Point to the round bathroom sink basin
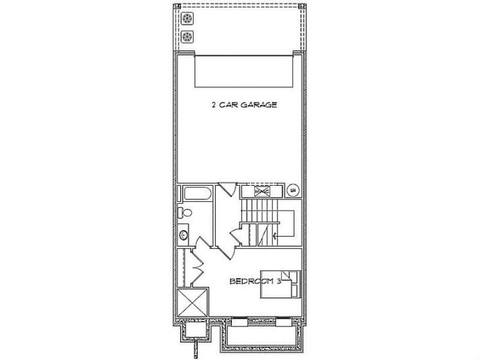click(x=184, y=235)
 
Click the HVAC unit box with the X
click(x=262, y=191)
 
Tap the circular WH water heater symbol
click(x=293, y=190)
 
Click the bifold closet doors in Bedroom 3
click(x=200, y=269)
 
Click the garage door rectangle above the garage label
click(x=245, y=71)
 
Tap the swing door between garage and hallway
click(x=227, y=189)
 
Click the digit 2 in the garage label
click(x=213, y=105)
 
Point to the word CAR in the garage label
click(x=229, y=105)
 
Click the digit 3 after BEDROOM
click(x=277, y=281)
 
